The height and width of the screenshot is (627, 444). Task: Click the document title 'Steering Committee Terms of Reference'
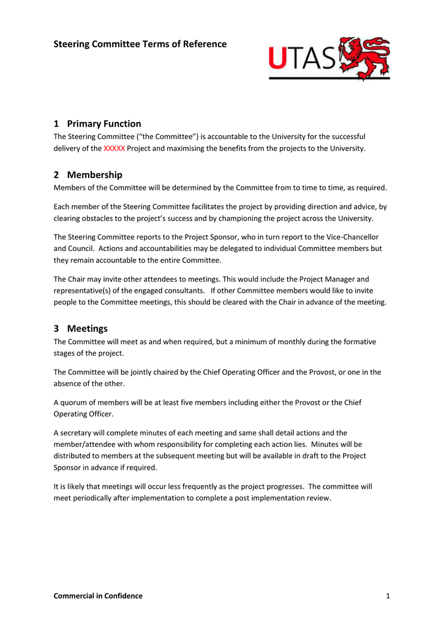[140, 44]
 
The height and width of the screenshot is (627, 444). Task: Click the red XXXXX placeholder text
[115, 149]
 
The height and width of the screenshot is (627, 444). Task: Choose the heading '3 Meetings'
[81, 328]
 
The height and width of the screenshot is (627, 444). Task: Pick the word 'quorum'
[73, 402]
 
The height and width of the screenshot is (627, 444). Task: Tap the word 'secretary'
[77, 432]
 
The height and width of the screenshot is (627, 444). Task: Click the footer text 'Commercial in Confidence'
[98, 596]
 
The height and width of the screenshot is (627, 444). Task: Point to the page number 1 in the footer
[388, 596]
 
